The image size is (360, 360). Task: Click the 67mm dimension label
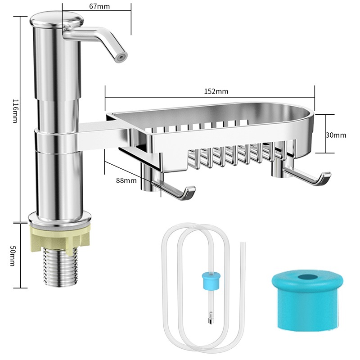[99, 6]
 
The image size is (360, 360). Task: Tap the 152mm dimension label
[216, 91]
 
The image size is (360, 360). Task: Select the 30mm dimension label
[336, 135]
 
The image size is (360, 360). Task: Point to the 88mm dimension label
[126, 180]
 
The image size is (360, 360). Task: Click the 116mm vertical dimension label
[15, 111]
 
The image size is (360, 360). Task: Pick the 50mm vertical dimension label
[13, 256]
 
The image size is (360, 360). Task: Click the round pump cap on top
[57, 20]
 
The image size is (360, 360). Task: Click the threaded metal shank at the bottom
[59, 267]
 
